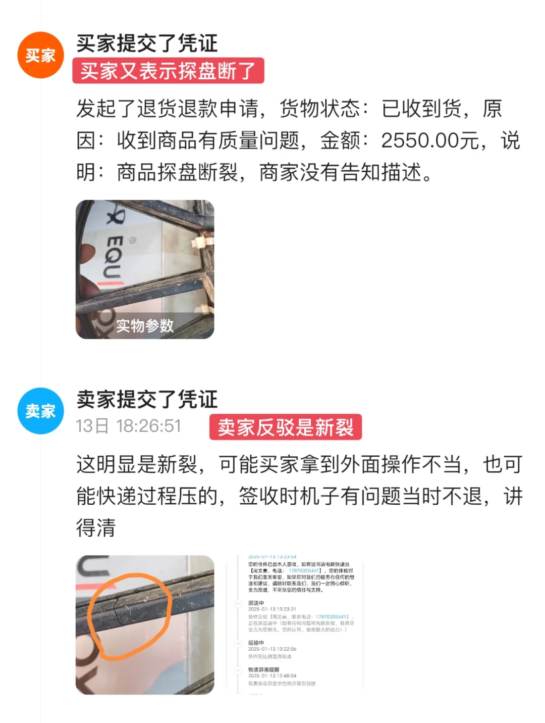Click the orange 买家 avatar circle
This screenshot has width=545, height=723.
click(x=40, y=55)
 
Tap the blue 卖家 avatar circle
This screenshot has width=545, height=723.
click(x=40, y=411)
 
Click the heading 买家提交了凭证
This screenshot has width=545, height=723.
click(x=147, y=43)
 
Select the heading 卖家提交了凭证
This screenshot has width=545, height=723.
click(x=147, y=399)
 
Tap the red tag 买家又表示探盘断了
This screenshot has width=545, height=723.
click(x=168, y=71)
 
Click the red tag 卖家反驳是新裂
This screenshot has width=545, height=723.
click(x=286, y=427)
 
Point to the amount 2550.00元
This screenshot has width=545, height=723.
click(x=429, y=140)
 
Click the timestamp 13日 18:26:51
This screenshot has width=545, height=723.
click(x=128, y=426)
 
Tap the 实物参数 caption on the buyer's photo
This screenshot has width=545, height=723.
click(x=145, y=326)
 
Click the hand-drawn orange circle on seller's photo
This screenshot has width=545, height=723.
click(x=130, y=616)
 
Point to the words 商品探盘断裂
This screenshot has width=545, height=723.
click(x=178, y=173)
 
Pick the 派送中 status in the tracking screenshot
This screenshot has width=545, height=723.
click(x=256, y=603)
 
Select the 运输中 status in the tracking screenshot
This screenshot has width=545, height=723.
click(x=256, y=643)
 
